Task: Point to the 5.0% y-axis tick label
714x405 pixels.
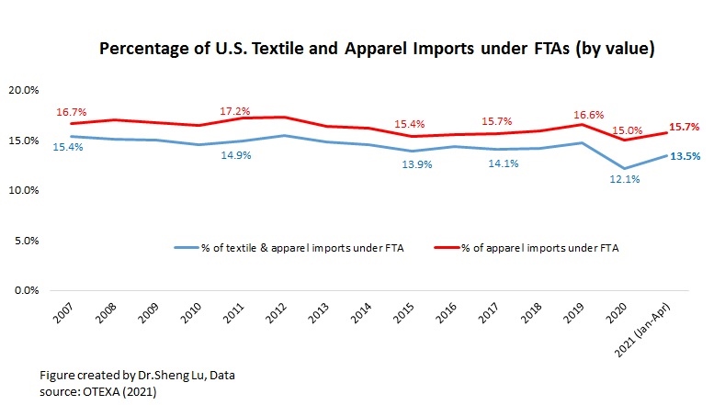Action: (24, 241)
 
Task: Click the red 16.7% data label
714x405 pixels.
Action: (70, 112)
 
